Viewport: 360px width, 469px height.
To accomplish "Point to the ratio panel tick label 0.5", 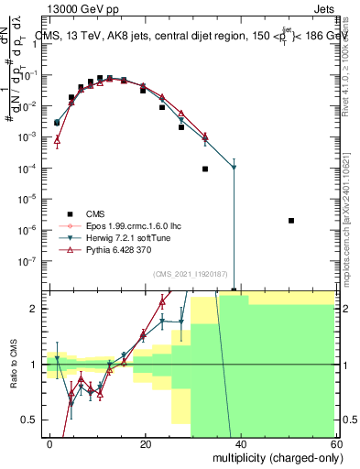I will [28, 420].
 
